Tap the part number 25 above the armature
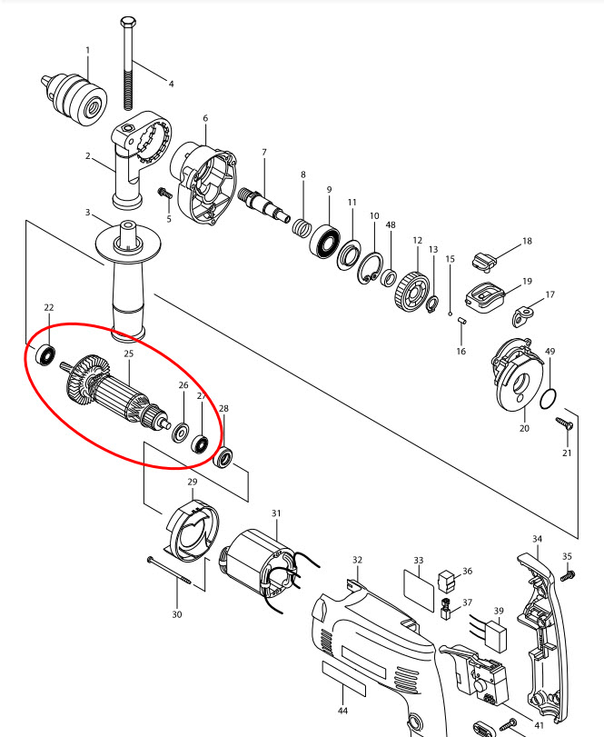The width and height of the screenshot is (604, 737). point(129,354)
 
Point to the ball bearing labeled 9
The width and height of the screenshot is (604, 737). point(325,241)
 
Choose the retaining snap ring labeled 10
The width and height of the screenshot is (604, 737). point(370,268)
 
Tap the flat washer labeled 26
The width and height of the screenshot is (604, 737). point(181,433)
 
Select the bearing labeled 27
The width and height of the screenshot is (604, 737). point(200,444)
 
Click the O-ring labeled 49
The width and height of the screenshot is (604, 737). point(548,399)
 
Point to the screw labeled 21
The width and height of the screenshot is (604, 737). point(564,423)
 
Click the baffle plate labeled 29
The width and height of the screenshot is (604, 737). point(193,531)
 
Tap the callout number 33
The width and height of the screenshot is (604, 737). point(419,561)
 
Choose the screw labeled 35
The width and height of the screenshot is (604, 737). point(567,575)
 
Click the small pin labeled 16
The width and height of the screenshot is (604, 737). point(461,321)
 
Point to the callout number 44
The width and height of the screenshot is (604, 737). point(342,712)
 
